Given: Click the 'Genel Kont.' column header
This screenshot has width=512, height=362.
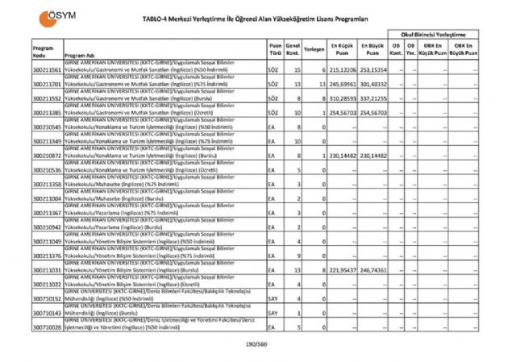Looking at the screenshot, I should tap(293, 49).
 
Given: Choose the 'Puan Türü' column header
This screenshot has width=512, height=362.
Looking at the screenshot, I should tap(276, 49).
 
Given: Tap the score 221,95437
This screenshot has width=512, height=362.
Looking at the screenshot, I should tap(342, 269).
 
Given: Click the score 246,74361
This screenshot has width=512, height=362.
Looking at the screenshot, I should tap(373, 269).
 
